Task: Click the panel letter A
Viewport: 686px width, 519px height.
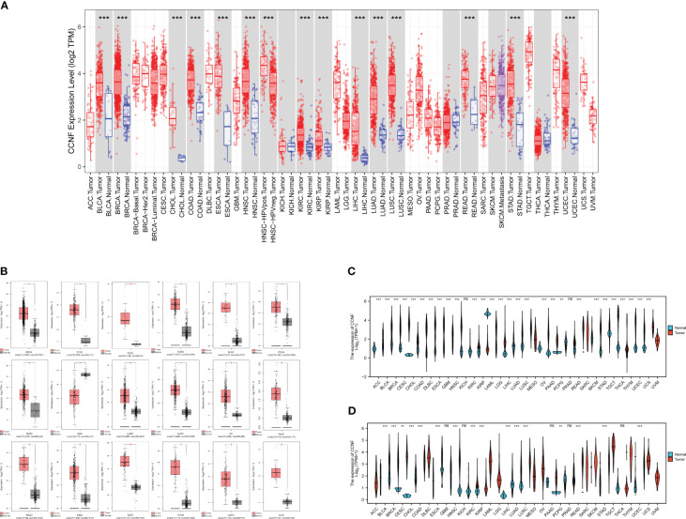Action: (x=7, y=7)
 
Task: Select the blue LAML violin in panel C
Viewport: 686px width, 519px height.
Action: (x=487, y=313)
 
